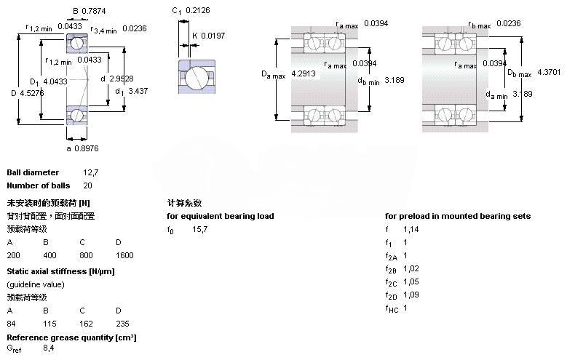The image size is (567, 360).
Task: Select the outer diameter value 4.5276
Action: click(x=31, y=92)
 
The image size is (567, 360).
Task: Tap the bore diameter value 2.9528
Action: click(x=122, y=79)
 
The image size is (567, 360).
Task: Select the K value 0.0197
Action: click(x=213, y=36)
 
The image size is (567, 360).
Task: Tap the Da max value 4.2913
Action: click(x=304, y=73)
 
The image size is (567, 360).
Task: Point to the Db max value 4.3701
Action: click(x=549, y=73)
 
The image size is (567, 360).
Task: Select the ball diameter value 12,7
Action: click(x=90, y=172)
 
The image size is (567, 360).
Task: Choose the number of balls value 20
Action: click(x=87, y=185)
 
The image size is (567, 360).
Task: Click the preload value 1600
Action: click(x=124, y=255)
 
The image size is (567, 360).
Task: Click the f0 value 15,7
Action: click(x=200, y=229)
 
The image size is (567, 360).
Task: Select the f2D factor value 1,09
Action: click(x=411, y=295)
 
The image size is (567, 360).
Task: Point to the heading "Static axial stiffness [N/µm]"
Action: click(x=61, y=271)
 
